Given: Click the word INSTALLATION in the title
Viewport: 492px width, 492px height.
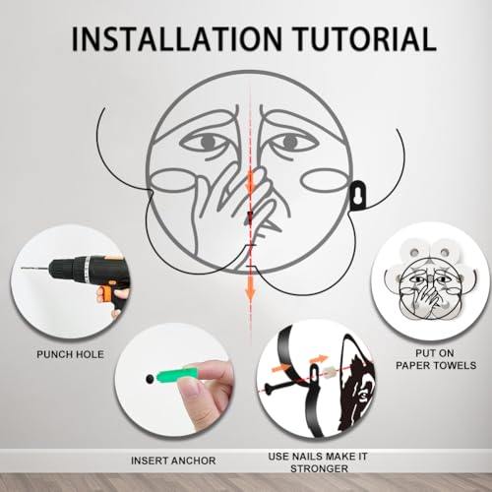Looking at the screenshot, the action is tap(176, 38).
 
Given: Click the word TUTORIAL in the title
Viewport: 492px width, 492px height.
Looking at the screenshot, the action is tap(365, 38).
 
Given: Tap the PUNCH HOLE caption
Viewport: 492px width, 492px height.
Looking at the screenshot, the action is tap(70, 354).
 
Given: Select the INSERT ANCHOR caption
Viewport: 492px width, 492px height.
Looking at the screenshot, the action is tap(173, 461).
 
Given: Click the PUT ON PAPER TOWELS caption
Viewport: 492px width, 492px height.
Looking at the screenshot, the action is tap(436, 359).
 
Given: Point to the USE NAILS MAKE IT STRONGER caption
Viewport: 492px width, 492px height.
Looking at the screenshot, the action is tap(318, 462).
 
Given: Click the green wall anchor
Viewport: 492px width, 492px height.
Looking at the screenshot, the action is tap(177, 376).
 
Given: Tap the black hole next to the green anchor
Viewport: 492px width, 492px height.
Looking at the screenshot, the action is tap(150, 379).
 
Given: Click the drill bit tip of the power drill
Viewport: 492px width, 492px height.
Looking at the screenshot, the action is tap(22, 269).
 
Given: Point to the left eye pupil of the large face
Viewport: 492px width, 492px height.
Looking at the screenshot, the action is tap(207, 142).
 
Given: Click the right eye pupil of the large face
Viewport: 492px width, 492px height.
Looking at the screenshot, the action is tap(290, 142).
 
